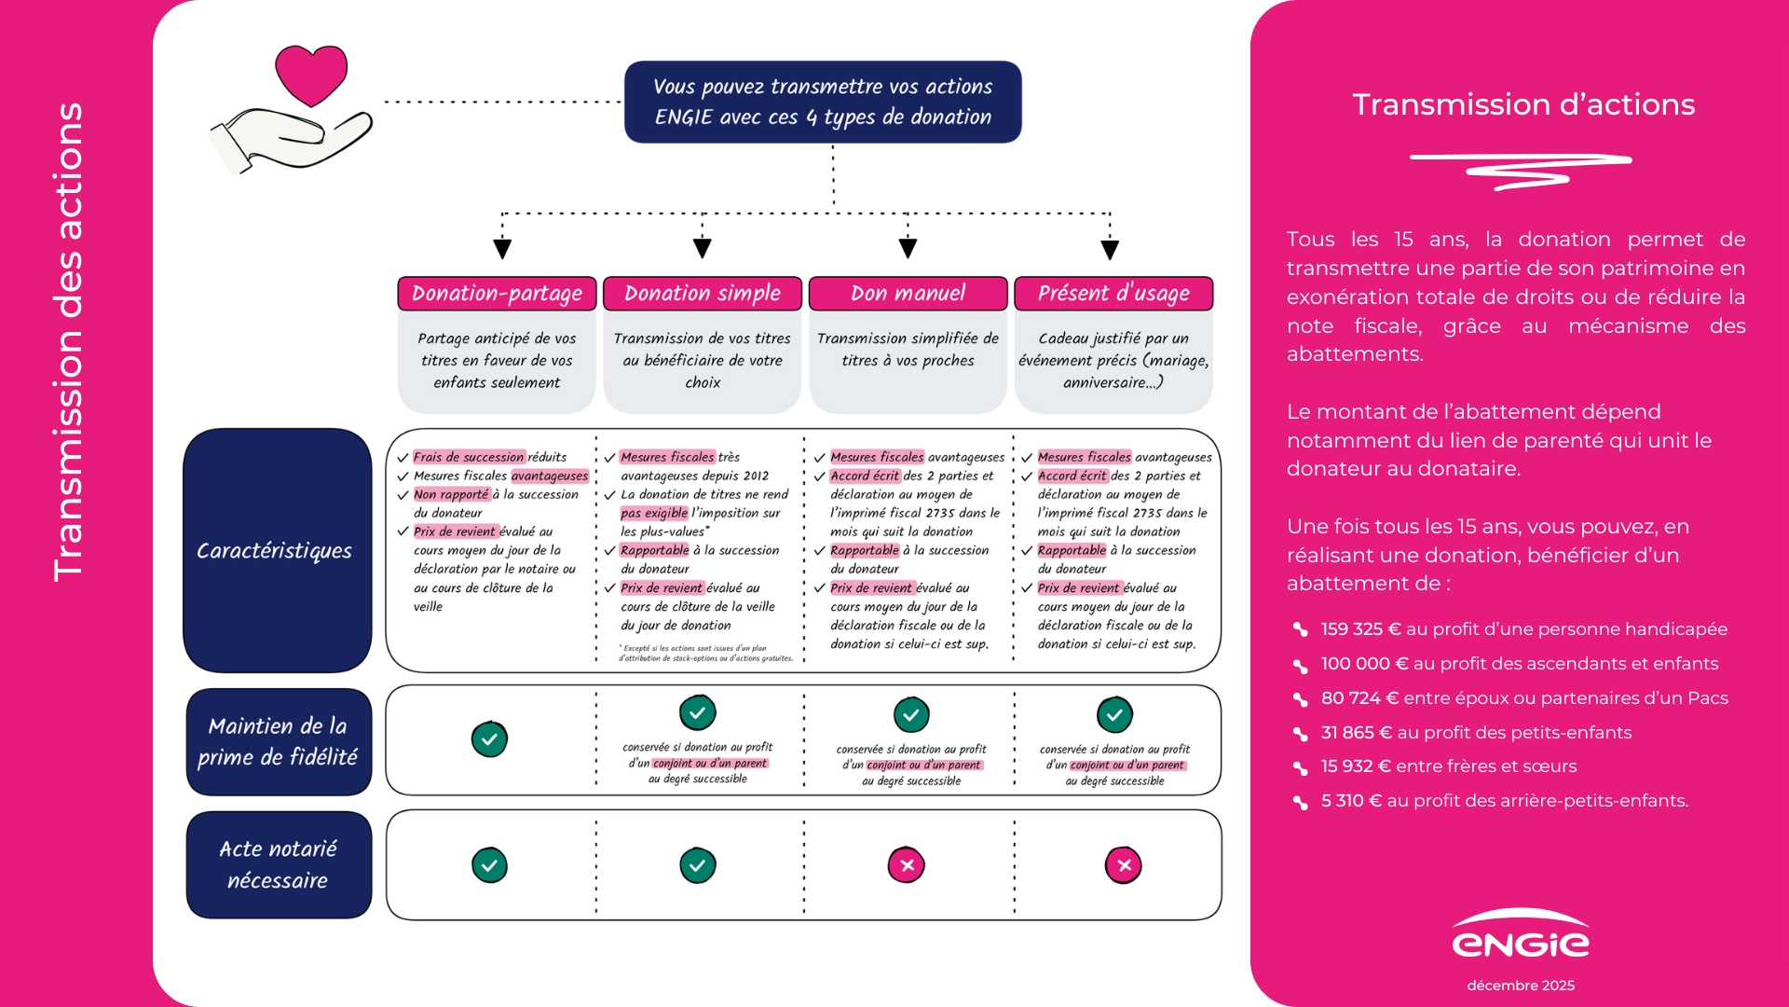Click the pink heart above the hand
tap(311, 74)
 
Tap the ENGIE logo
tap(1521, 936)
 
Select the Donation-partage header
tap(497, 294)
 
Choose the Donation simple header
tap(703, 294)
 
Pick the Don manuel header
tap(908, 294)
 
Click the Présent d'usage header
tap(1113, 294)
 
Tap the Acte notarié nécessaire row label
tap(279, 864)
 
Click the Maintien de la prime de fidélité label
tap(279, 741)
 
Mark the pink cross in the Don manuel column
tap(907, 865)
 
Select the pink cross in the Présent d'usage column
tap(1124, 865)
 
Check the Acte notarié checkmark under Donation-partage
tap(489, 865)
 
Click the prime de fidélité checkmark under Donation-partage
tap(489, 739)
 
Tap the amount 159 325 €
tap(1360, 629)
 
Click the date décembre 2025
tap(1521, 986)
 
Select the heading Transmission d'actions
tap(1523, 104)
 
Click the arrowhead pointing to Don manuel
tap(908, 248)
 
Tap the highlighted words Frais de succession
tap(469, 457)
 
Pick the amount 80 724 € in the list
tap(1359, 698)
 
